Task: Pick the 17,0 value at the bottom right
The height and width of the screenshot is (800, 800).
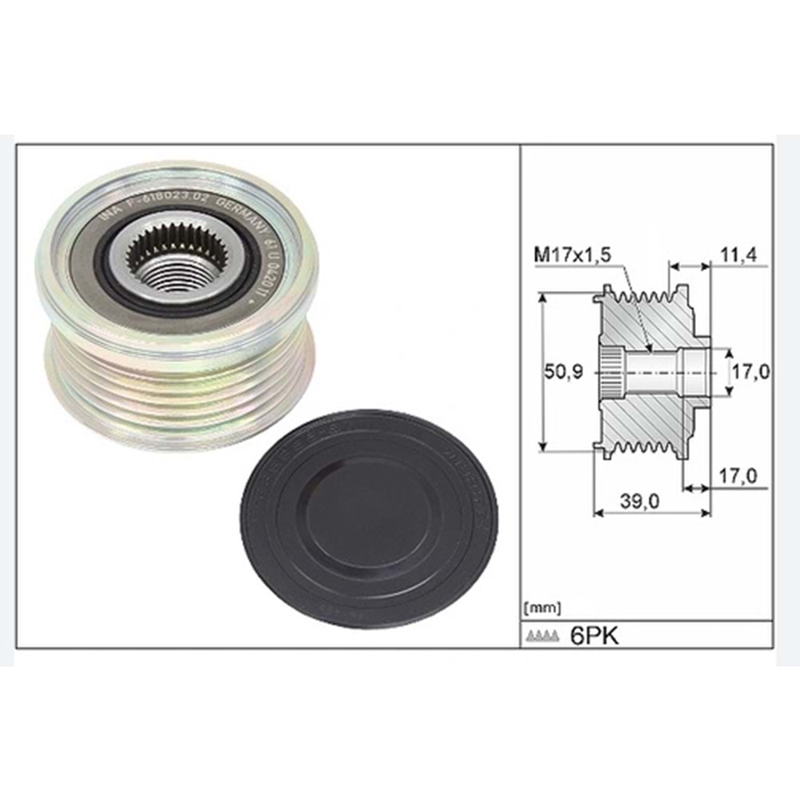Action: tap(738, 475)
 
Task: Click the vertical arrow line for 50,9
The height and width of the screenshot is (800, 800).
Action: tap(543, 372)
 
